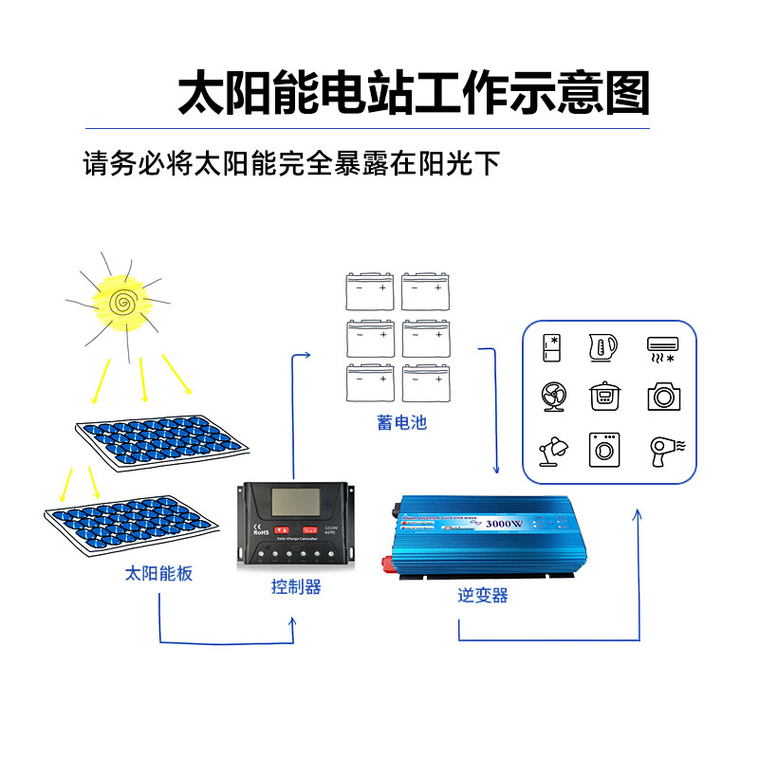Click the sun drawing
(120, 302)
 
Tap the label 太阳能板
(158, 573)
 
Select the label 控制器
(296, 587)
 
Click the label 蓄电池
(401, 423)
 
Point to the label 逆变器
(483, 596)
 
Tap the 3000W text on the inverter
(504, 524)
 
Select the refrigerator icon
(552, 347)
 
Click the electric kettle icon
(603, 347)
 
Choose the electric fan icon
(552, 396)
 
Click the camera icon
(664, 396)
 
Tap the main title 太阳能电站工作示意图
(414, 93)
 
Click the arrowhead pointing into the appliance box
(637, 514)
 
